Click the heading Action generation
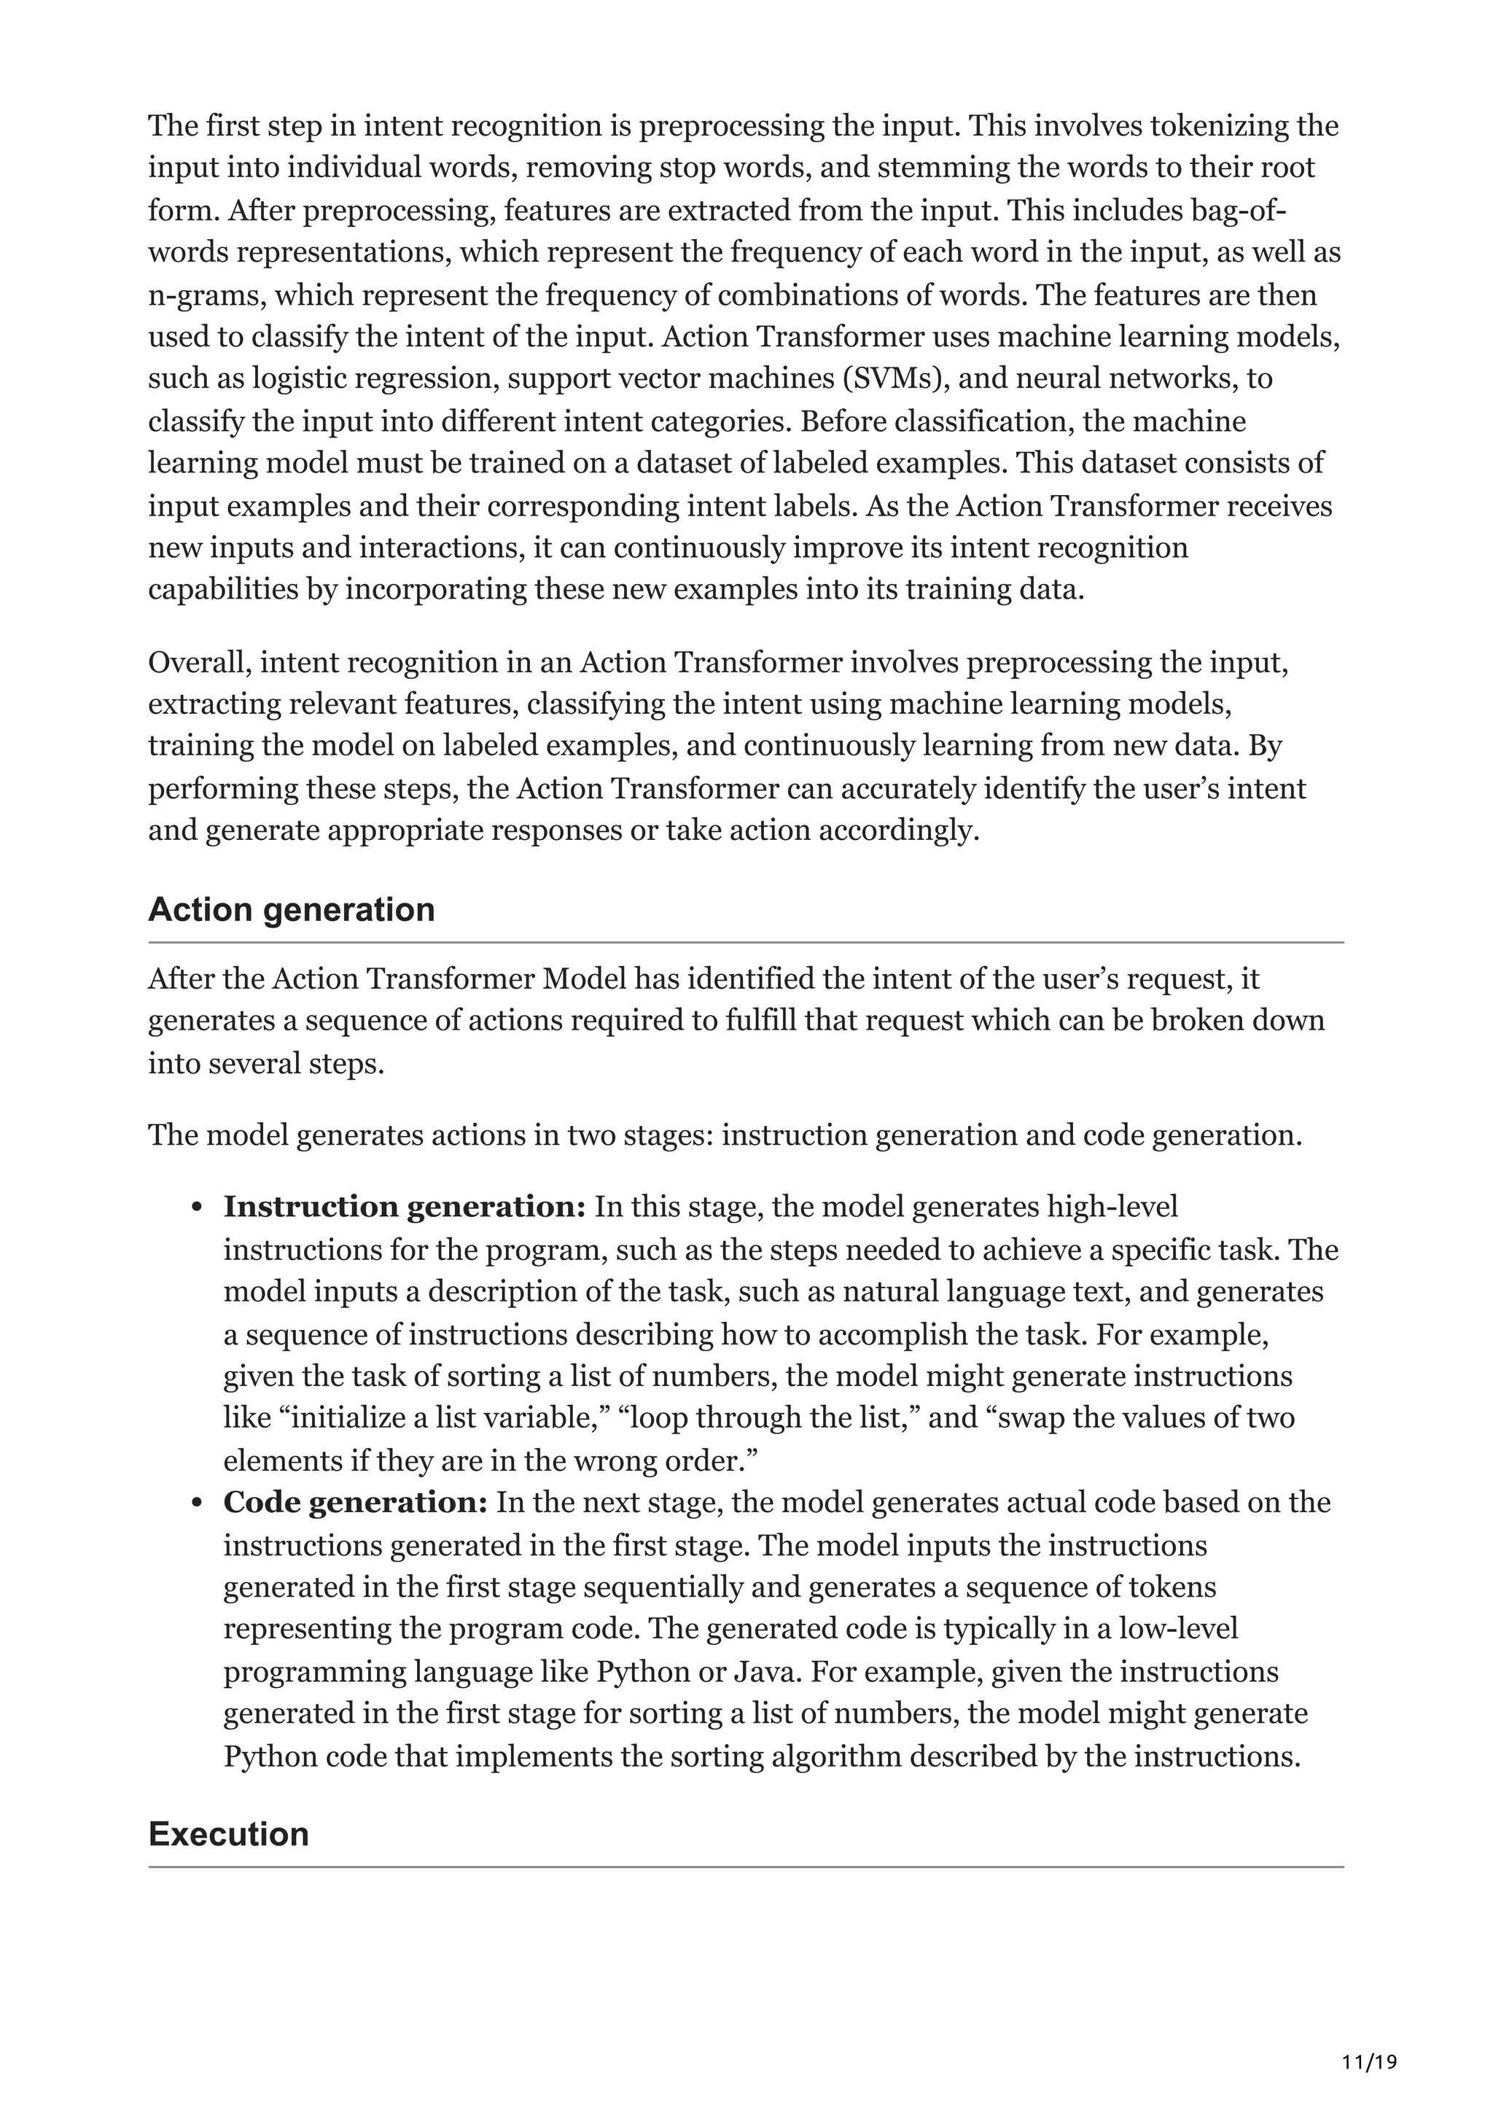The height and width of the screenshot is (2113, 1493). coord(291,909)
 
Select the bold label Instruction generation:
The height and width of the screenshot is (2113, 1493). coord(404,1207)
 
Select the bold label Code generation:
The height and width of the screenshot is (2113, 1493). coord(355,1503)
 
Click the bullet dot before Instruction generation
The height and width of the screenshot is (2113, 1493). coord(197,1208)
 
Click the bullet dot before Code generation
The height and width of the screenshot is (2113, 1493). coord(197,1505)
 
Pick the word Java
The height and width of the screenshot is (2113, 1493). coord(765,1672)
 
